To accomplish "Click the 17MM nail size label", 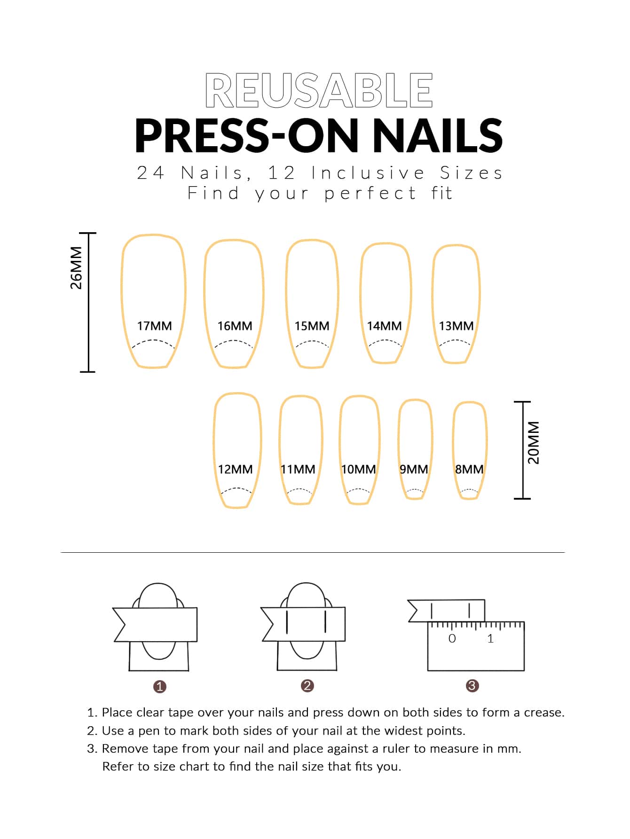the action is tap(154, 326).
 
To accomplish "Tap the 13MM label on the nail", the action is tap(456, 326).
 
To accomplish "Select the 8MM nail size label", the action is tap(469, 469).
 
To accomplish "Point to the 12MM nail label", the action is tap(235, 469).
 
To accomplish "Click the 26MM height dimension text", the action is tap(76, 268).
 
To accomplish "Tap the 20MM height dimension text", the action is tap(534, 442).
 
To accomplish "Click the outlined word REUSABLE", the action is tap(319, 90).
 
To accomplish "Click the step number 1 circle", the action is tap(160, 687).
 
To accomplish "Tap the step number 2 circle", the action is tap(307, 686).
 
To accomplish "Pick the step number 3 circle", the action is tap(472, 686).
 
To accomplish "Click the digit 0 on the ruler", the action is tap(452, 638).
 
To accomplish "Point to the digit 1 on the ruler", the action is tap(490, 638).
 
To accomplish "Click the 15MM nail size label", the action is tap(312, 326).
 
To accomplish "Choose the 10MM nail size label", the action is tap(358, 469).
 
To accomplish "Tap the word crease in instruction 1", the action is tap(544, 713).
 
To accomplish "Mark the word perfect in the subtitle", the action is tap(370, 193).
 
